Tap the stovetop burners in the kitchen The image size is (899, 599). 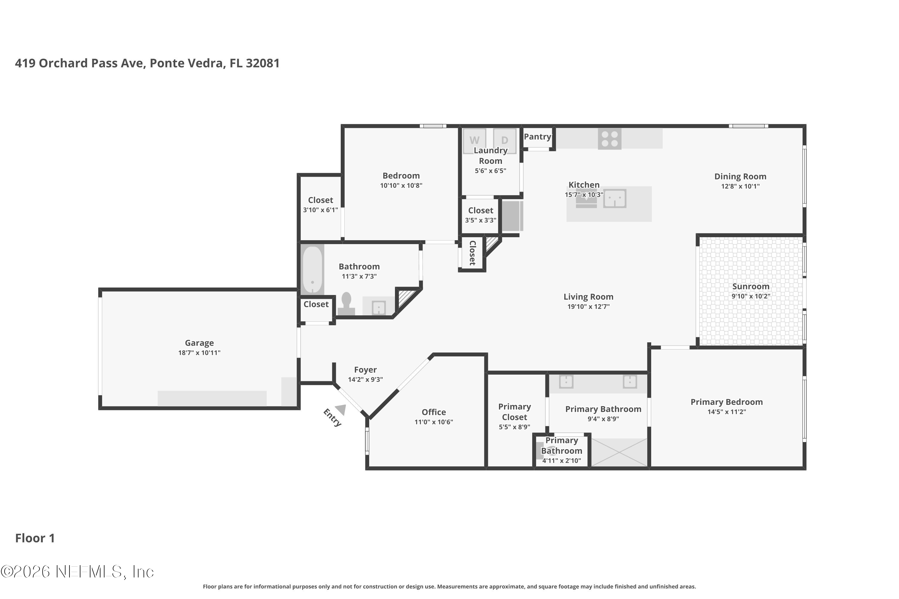click(610, 139)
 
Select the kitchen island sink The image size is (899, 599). click(615, 198)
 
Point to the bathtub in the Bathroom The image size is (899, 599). click(313, 269)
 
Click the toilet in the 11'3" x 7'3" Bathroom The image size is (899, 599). click(346, 304)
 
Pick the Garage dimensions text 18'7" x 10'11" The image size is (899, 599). click(199, 353)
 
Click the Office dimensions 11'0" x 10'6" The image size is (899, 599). click(434, 422)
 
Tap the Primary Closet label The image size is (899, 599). click(515, 412)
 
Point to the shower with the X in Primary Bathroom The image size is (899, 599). click(619, 452)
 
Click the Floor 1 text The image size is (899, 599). click(35, 538)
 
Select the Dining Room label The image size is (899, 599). click(740, 176)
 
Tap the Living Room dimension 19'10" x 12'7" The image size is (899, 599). click(588, 306)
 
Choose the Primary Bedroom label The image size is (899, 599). click(727, 402)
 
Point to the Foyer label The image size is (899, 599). click(365, 370)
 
